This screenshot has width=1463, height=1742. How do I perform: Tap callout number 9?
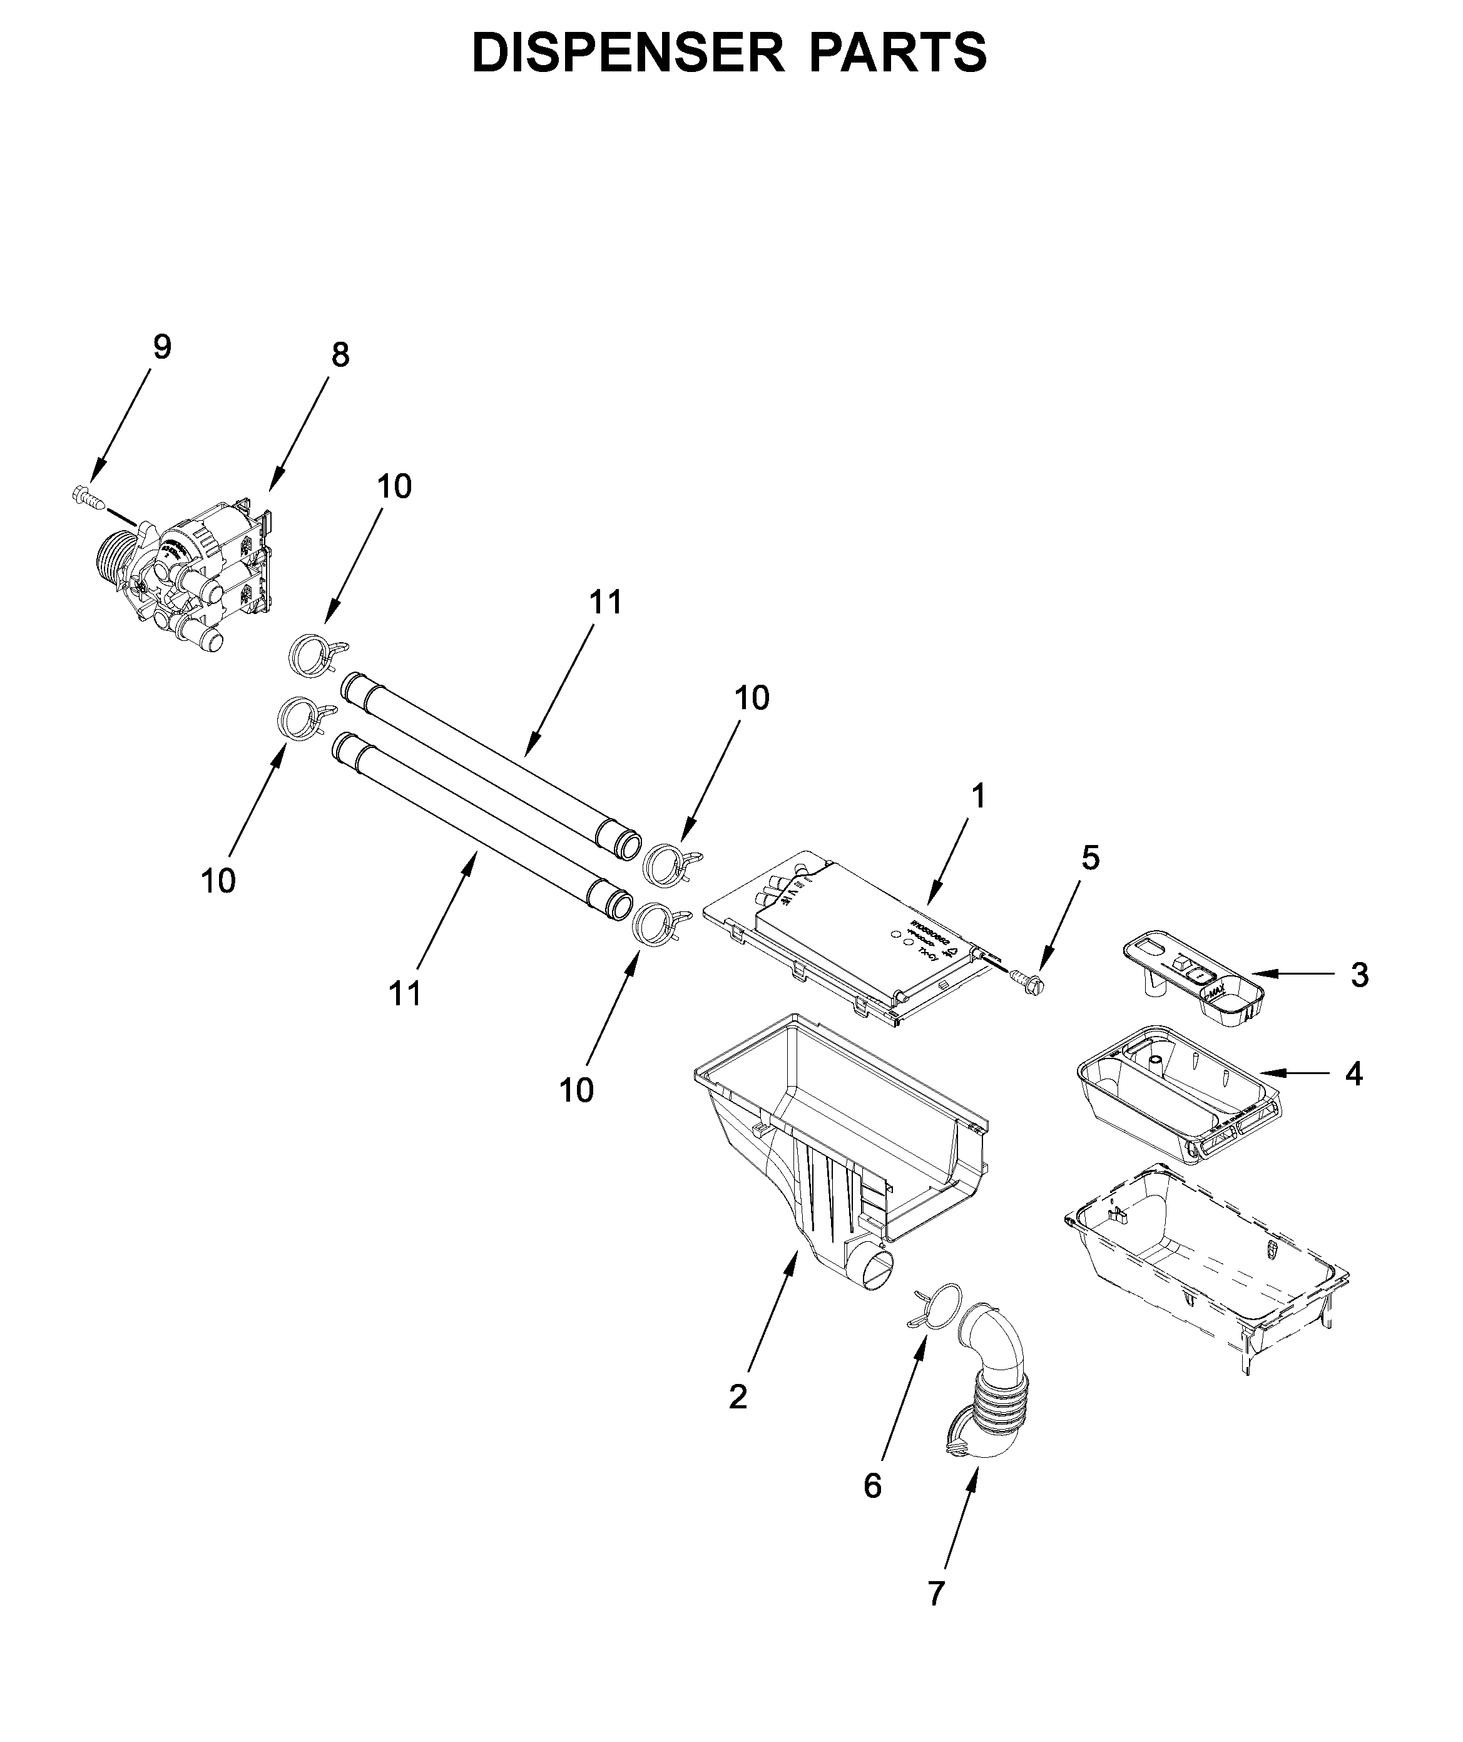163,347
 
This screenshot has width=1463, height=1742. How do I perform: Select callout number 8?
340,355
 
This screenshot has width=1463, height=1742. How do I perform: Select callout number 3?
1359,975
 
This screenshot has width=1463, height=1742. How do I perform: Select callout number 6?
872,1486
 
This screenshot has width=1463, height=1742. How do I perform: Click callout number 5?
1091,859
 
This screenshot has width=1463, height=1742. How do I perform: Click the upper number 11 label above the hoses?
606,602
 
